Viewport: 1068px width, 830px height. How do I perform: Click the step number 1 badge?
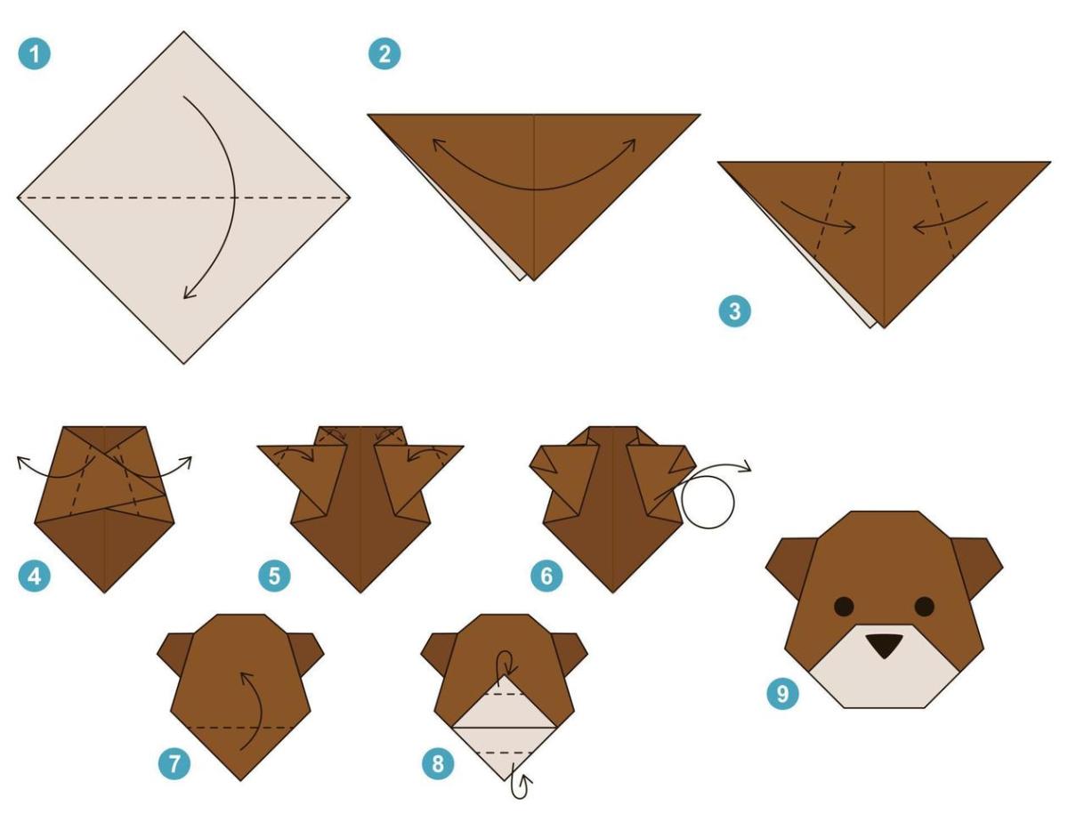[34, 53]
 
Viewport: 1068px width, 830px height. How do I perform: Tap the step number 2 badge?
[384, 53]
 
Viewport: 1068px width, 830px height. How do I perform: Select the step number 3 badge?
[734, 312]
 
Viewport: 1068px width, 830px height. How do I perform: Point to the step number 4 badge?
[34, 576]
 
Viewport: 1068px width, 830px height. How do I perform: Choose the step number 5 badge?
[273, 576]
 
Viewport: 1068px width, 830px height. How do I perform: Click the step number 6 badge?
[546, 576]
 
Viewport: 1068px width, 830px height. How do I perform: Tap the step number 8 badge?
[437, 762]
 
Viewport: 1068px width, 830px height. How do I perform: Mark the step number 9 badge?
[782, 693]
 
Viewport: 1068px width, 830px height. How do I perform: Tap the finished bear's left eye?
[843, 606]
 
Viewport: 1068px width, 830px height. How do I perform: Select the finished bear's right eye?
[925, 606]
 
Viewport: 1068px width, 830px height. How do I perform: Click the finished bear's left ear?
[788, 566]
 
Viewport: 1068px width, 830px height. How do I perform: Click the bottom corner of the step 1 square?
[184, 360]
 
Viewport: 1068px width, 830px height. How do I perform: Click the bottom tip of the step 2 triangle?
[533, 278]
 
